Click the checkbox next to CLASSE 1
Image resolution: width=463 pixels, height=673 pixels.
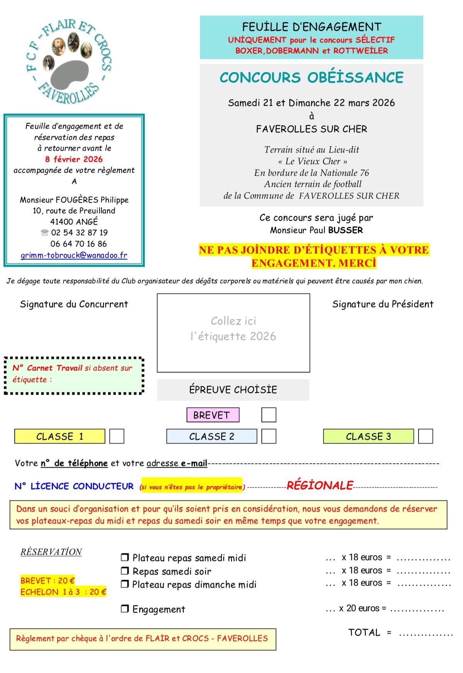tap(117, 436)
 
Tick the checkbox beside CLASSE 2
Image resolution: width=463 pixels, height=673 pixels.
tap(269, 436)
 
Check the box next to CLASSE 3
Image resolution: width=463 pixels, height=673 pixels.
tap(426, 436)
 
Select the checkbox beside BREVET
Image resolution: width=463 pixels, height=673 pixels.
tap(269, 415)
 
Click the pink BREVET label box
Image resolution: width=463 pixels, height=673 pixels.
tap(213, 415)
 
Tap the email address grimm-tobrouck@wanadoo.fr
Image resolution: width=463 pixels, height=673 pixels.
tap(74, 255)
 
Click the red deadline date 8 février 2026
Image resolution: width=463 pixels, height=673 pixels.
tap(74, 159)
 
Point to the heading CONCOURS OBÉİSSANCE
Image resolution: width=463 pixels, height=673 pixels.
tap(311, 77)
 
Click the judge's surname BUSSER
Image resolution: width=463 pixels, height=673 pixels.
tap(346, 230)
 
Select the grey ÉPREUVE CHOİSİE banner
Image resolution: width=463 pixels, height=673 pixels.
tap(233, 389)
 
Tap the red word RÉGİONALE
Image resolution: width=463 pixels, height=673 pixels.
tap(320, 486)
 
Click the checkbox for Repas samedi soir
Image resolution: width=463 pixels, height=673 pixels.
tap(125, 571)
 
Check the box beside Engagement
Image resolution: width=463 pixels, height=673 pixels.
tap(125, 609)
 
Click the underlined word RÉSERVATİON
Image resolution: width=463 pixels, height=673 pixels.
tap(51, 552)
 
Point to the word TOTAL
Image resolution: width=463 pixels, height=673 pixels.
tap(364, 632)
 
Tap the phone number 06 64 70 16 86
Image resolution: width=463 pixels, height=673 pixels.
tap(78, 244)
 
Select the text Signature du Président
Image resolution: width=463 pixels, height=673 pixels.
tap(383, 304)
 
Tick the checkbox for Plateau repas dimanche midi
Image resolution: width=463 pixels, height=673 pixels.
tap(125, 584)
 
